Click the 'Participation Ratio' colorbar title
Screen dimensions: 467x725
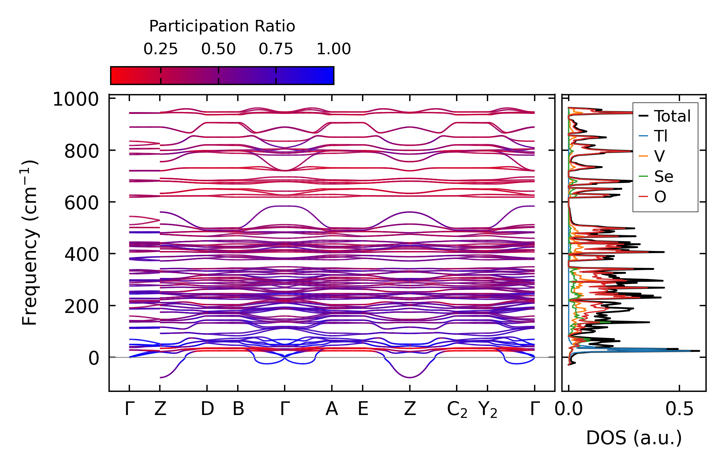click(x=222, y=26)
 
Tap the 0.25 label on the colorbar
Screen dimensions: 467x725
click(x=160, y=49)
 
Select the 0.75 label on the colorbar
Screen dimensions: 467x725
click(x=276, y=49)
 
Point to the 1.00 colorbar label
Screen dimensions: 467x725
click(x=334, y=49)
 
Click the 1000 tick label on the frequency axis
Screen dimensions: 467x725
click(x=76, y=99)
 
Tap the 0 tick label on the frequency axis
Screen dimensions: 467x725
click(x=94, y=358)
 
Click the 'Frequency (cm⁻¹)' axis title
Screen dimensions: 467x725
click(x=30, y=243)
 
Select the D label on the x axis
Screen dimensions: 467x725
click(x=207, y=409)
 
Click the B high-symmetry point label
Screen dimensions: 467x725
click(x=238, y=409)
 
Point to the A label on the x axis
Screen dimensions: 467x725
click(x=332, y=409)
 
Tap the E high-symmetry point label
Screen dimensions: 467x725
click(x=363, y=409)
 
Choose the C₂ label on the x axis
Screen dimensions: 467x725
click(x=457, y=410)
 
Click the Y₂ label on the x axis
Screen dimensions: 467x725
click(x=488, y=410)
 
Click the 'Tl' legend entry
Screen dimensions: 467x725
click(x=661, y=136)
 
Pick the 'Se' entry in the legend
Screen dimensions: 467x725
click(x=663, y=177)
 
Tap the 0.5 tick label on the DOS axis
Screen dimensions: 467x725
click(x=679, y=409)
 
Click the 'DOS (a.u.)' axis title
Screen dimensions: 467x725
click(x=634, y=438)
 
